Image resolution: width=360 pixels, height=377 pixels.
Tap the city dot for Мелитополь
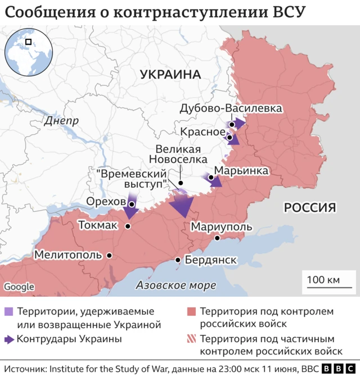click(x=109, y=255)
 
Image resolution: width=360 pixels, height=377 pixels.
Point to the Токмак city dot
click(x=128, y=226)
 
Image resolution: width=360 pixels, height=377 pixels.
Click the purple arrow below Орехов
click(x=131, y=210)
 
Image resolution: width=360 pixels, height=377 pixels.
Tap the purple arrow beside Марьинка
click(x=215, y=180)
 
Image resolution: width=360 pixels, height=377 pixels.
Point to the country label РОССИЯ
click(x=309, y=208)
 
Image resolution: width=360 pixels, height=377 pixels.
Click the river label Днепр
click(x=61, y=121)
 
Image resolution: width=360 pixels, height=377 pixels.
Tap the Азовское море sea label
click(x=176, y=285)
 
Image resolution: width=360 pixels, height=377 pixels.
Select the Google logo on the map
click(x=19, y=287)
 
